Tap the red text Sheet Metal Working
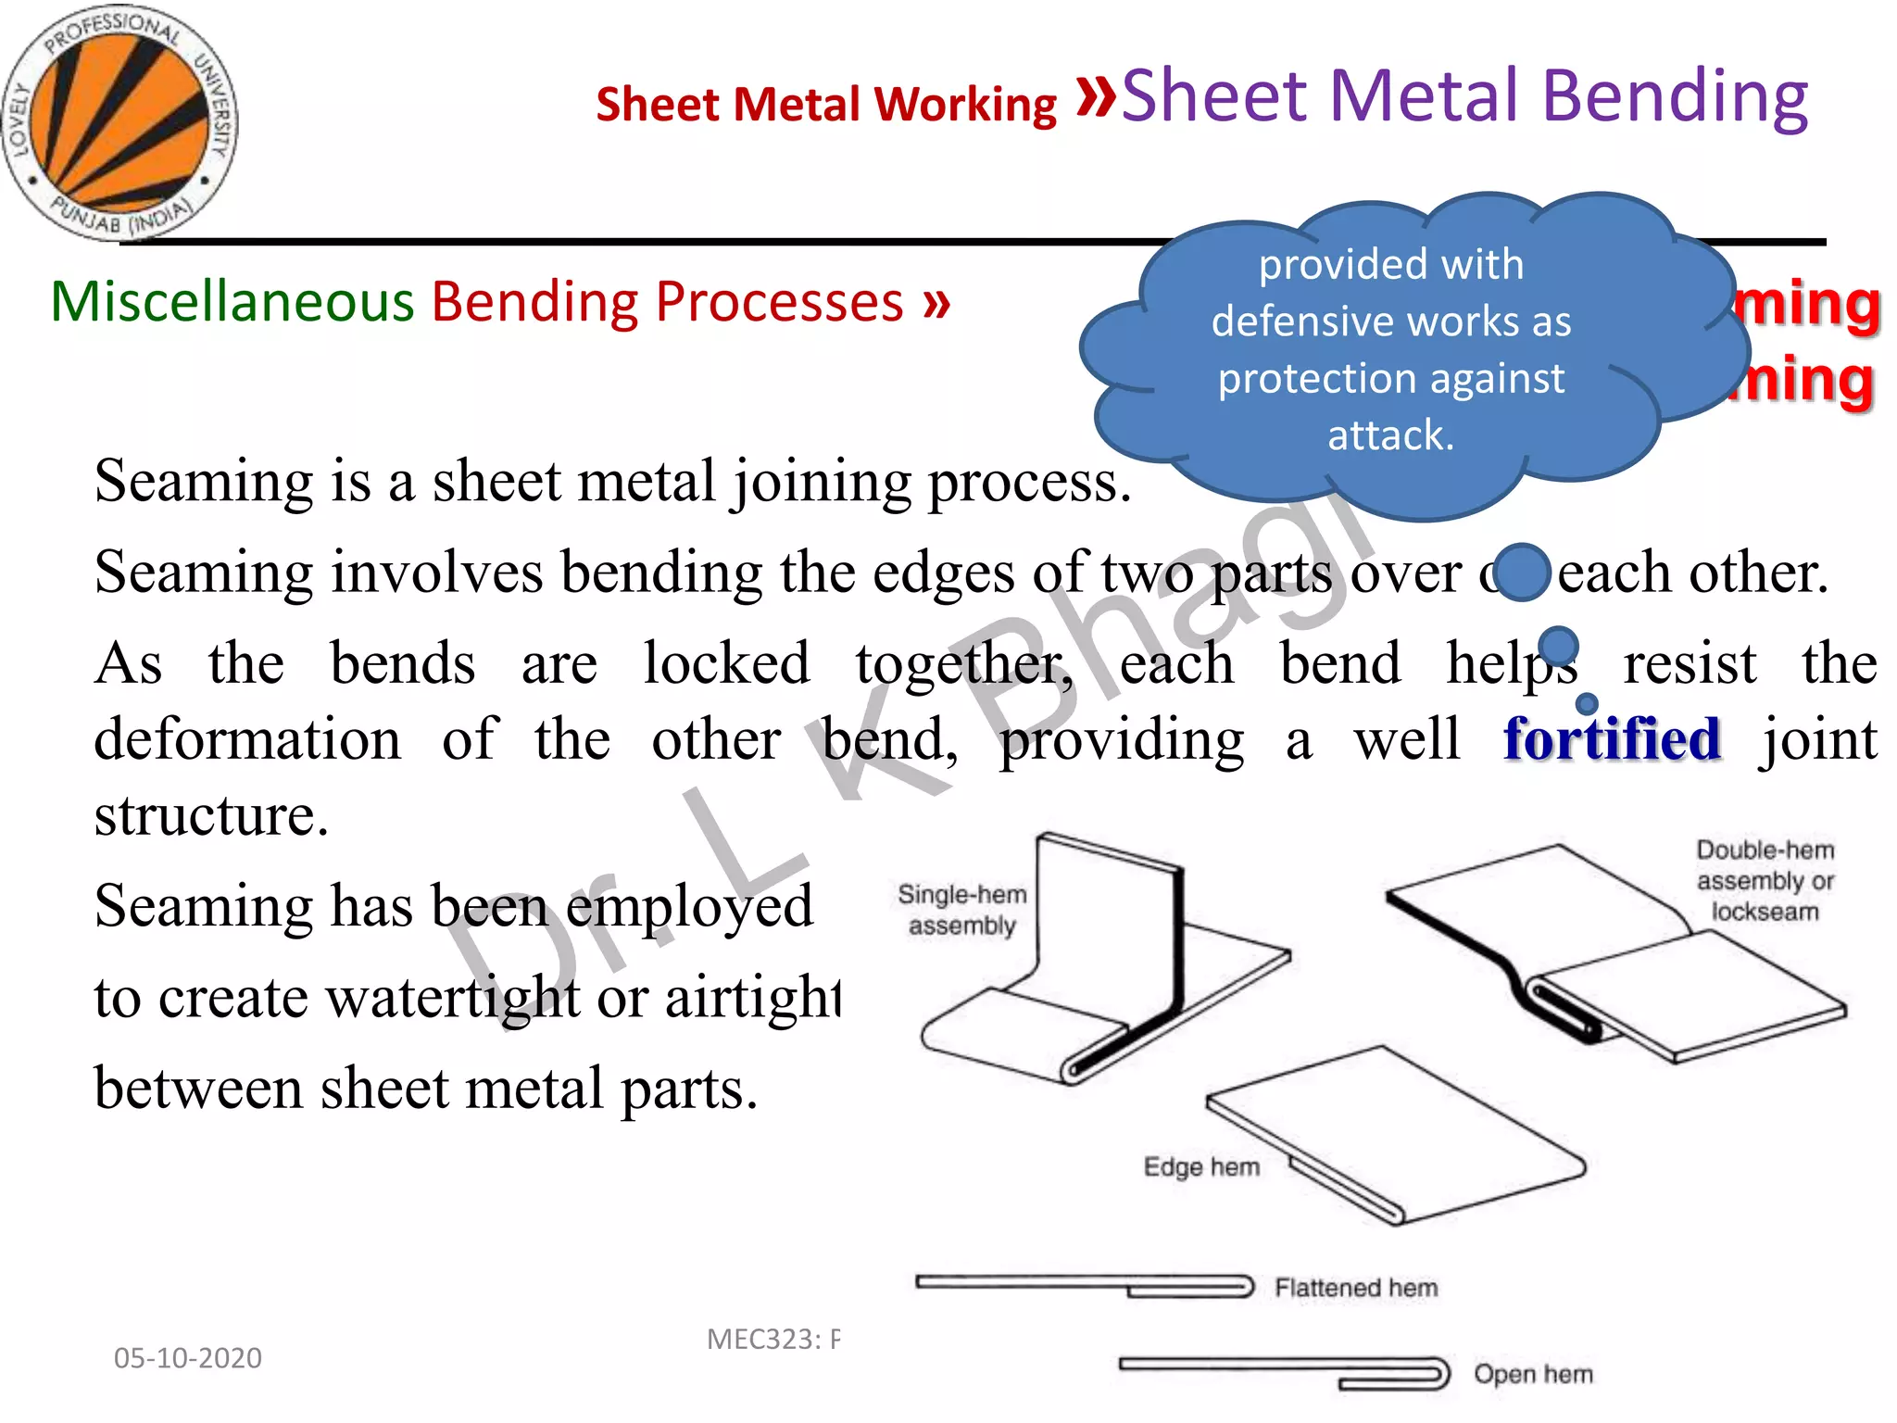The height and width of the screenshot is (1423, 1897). [825, 104]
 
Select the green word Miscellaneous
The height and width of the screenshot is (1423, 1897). [232, 302]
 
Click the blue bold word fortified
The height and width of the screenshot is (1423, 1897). [1612, 739]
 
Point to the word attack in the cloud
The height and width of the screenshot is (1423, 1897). [1390, 435]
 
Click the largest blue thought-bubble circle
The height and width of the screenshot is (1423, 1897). [1522, 573]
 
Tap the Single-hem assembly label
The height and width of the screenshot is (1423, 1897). [961, 910]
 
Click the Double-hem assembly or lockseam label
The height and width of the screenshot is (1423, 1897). [1765, 880]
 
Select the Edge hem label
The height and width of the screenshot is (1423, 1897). [1201, 1166]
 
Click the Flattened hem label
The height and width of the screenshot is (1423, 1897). [1356, 1288]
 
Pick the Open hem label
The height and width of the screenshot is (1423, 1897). [1533, 1374]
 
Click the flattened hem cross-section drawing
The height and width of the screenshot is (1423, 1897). [1084, 1286]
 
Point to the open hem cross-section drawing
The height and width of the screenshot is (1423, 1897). [1284, 1372]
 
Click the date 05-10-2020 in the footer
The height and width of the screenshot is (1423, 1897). [187, 1358]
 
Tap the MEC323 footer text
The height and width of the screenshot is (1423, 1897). [773, 1340]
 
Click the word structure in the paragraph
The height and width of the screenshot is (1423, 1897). [211, 815]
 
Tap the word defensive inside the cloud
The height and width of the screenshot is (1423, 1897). [1316, 322]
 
